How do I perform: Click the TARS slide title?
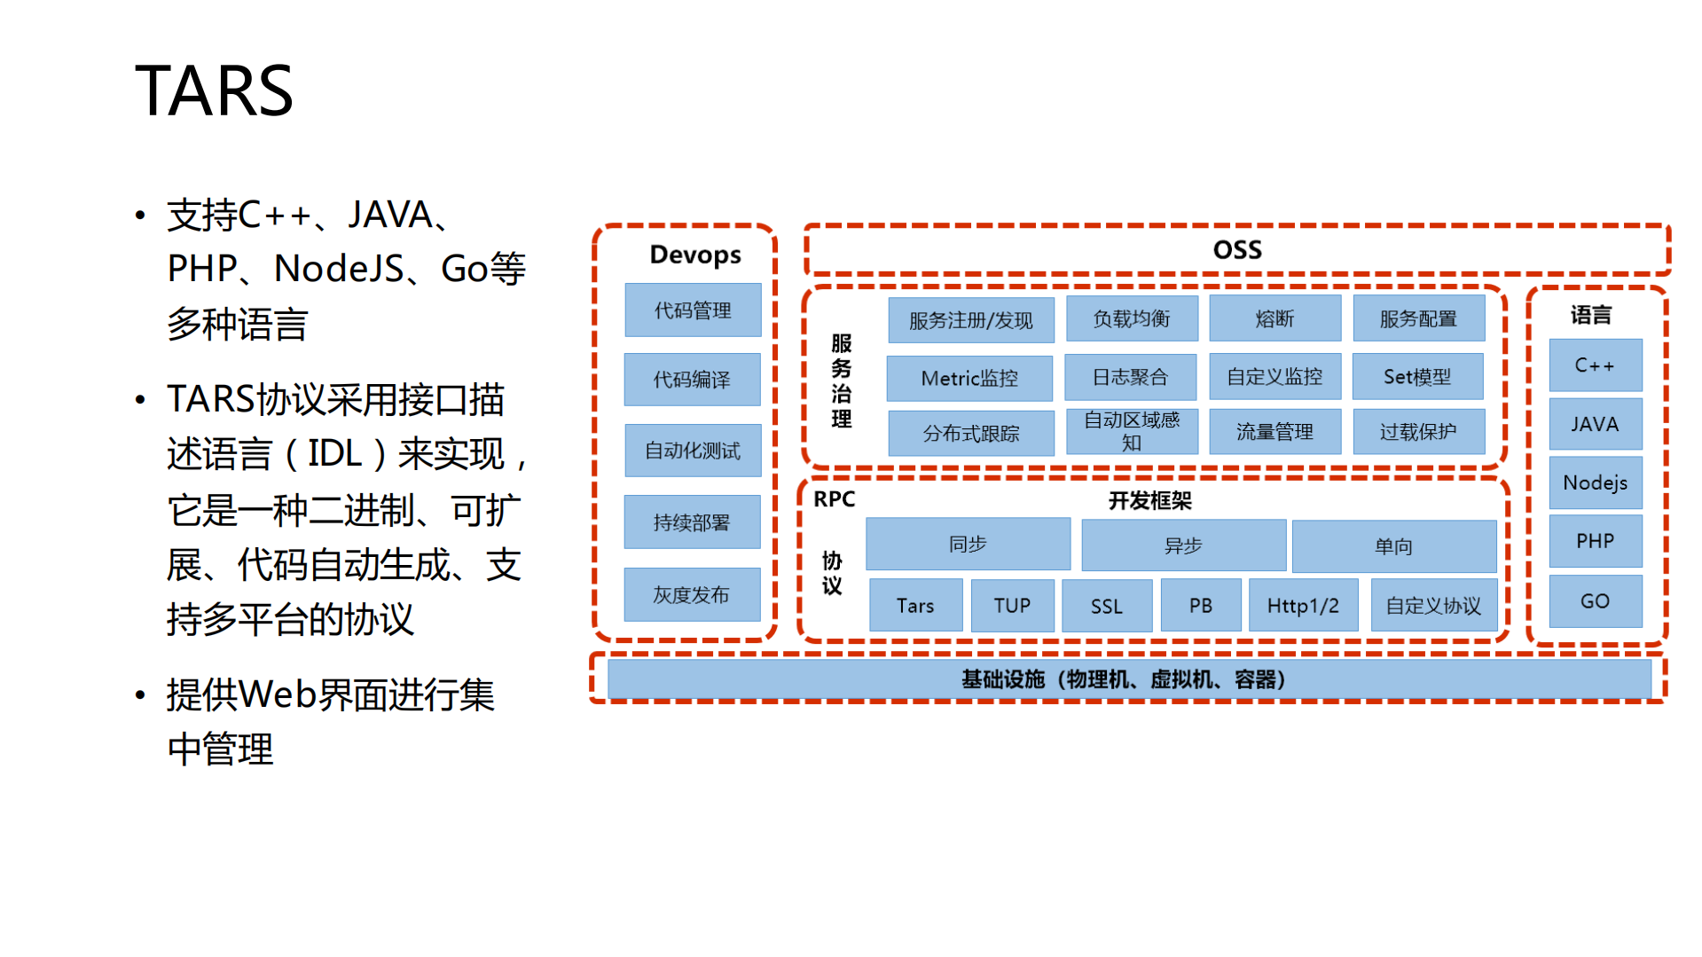coord(214,90)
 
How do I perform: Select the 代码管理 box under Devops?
coord(693,310)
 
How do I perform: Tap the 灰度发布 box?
coord(692,595)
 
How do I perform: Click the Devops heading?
coord(694,255)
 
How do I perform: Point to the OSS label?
coord(1236,250)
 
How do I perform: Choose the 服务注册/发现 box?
coord(971,320)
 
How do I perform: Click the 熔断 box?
coord(1275,319)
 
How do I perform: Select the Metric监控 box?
coord(969,379)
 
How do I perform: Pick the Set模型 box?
coord(1417,377)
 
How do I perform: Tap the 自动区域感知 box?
coord(1132,431)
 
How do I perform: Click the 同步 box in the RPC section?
coord(968,545)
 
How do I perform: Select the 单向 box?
coord(1393,546)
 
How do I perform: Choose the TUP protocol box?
coord(1012,606)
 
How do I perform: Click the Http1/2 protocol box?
coord(1303,606)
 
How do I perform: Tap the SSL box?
coord(1106,607)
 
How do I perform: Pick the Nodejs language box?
coord(1595,483)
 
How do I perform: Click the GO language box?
coord(1595,601)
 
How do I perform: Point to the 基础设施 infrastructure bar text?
coord(1123,679)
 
